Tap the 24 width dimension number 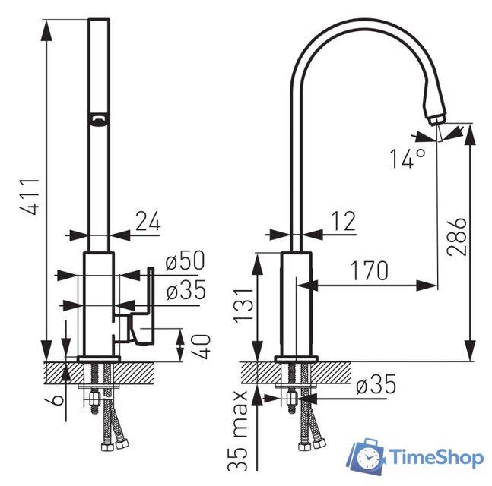[148, 221]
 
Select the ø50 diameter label [185, 260]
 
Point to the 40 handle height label [201, 346]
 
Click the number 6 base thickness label [58, 399]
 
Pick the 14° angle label [408, 159]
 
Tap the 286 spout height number [457, 237]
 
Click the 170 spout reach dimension [370, 270]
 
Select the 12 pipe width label [344, 221]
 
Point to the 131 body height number [243, 305]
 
